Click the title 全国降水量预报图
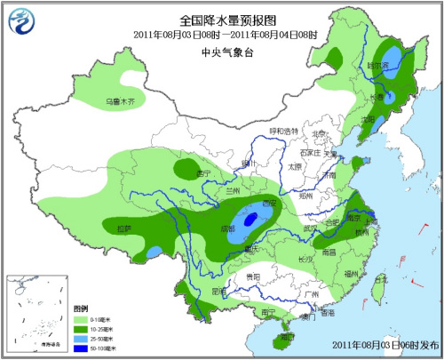click(x=221, y=20)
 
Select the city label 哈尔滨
click(x=379, y=66)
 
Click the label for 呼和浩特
click(x=284, y=131)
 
